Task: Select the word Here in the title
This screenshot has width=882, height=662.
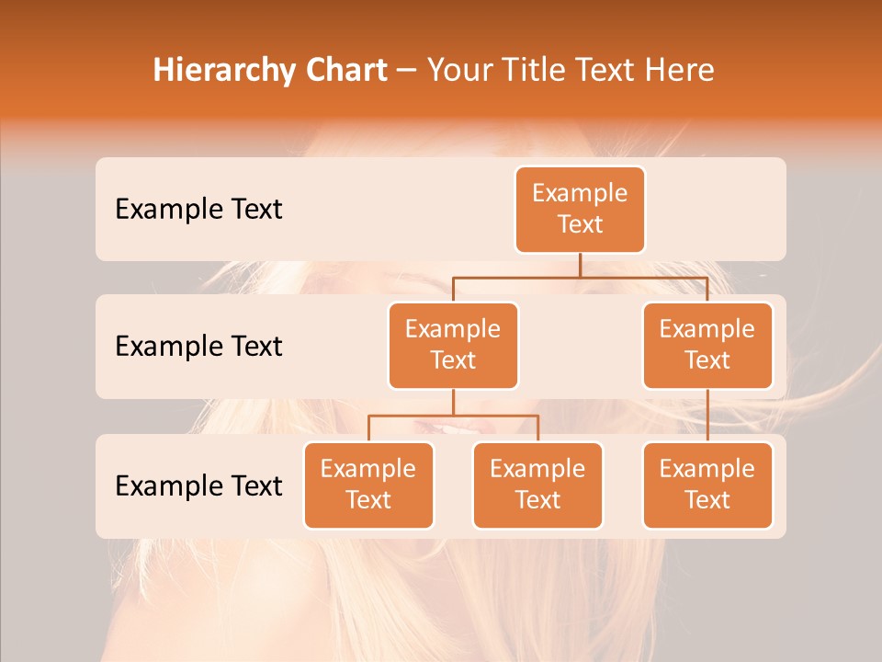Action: (680, 71)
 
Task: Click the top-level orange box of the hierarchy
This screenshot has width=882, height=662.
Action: (580, 209)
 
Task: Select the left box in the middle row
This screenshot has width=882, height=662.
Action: (453, 345)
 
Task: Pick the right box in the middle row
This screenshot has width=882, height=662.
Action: (707, 345)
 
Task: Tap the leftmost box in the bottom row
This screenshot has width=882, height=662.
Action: (368, 485)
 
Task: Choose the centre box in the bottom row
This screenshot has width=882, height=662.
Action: (537, 485)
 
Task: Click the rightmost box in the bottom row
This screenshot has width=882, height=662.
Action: (707, 485)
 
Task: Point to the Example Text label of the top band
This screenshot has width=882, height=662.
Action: (198, 210)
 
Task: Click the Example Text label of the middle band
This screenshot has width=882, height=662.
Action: (198, 347)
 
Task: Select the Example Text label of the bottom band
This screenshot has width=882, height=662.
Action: (198, 485)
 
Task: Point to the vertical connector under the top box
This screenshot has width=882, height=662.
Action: (580, 265)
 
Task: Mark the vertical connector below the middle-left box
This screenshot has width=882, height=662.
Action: (453, 402)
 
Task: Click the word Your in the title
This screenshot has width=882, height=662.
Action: (458, 71)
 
